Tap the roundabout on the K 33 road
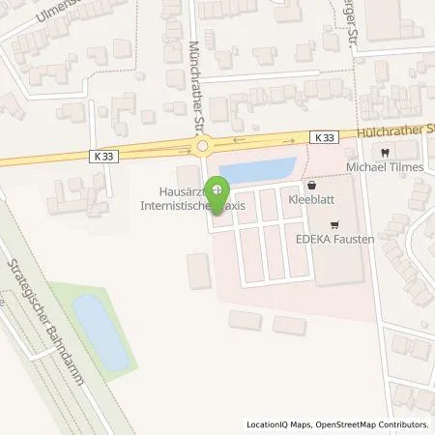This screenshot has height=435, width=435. point(202,147)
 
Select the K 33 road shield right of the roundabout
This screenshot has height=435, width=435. point(325,138)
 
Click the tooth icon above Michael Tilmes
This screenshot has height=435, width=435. point(385,153)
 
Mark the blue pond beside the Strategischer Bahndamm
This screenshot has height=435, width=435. point(101,332)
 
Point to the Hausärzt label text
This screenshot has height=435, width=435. point(184,192)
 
